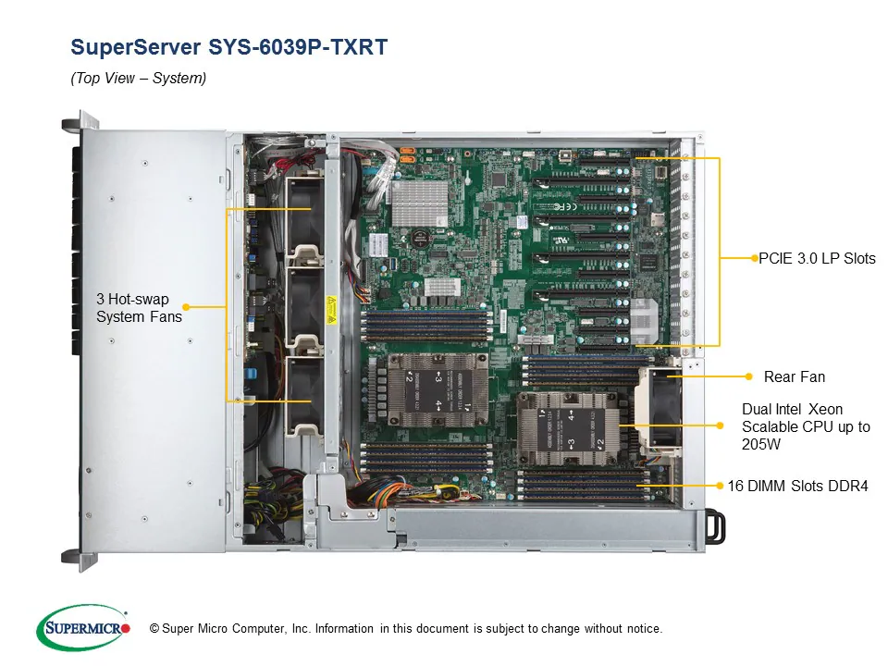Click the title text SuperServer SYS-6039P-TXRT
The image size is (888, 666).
coord(228,47)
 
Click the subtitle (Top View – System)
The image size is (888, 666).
coord(139,79)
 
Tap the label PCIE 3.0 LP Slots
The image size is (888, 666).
coord(817,258)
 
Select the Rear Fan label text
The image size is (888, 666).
coord(794,376)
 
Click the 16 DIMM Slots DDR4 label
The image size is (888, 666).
coord(797,485)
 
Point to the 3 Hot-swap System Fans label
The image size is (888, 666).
coord(139,308)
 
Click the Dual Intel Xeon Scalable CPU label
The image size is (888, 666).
coord(805,426)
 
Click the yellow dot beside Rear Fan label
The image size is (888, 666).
coord(748,376)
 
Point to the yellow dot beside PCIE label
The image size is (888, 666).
coord(754,258)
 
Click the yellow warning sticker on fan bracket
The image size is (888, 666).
coord(331,305)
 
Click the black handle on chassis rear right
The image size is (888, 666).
coord(715,525)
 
